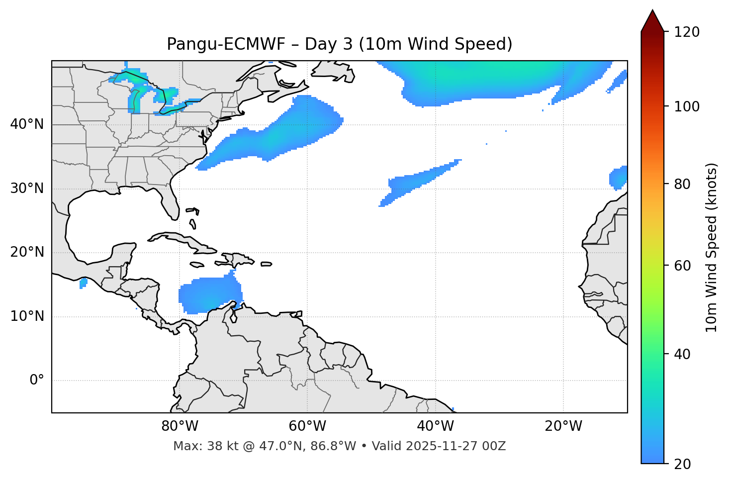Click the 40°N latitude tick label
pyautogui.click(x=27, y=124)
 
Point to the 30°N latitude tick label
pyautogui.click(x=27, y=189)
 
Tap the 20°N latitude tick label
pyautogui.click(x=27, y=252)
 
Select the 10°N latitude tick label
pyautogui.click(x=27, y=316)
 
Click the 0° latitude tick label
pyautogui.click(x=37, y=381)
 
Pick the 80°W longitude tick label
pyautogui.click(x=180, y=426)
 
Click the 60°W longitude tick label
pyautogui.click(x=307, y=426)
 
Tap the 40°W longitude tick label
pyautogui.click(x=435, y=426)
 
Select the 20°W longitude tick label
pyautogui.click(x=563, y=426)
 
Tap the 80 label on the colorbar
pyautogui.click(x=684, y=185)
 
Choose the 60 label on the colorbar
pyautogui.click(x=684, y=266)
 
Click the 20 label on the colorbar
pyautogui.click(x=684, y=464)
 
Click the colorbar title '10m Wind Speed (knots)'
pyautogui.click(x=712, y=247)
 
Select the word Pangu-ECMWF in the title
pyautogui.click(x=226, y=44)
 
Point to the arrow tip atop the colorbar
pyautogui.click(x=652, y=11)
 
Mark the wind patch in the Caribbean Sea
pyautogui.click(x=209, y=295)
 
